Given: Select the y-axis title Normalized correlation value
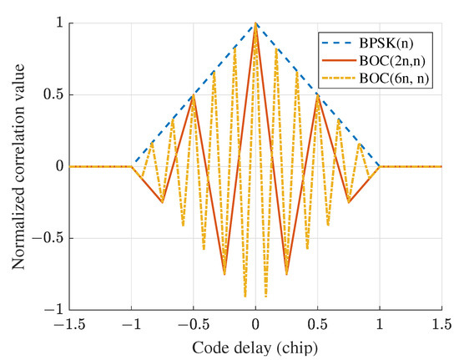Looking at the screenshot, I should pyautogui.click(x=18, y=167).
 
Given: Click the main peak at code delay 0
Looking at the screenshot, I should pyautogui.click(x=256, y=24).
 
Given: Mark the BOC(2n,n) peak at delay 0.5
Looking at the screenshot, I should pyautogui.click(x=318, y=95).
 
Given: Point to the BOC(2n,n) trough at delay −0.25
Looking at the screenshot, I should pyautogui.click(x=224, y=273).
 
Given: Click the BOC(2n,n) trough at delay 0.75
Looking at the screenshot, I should pyautogui.click(x=349, y=202).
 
